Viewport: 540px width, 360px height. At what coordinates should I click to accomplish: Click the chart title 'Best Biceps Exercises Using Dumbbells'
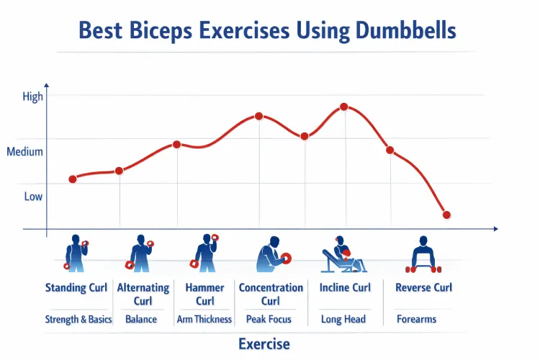(x=266, y=31)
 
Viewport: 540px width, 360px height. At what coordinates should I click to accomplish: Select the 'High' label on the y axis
(x=33, y=96)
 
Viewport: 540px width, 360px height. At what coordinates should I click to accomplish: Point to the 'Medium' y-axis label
(x=25, y=152)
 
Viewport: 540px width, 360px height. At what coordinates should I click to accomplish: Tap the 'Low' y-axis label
(x=33, y=197)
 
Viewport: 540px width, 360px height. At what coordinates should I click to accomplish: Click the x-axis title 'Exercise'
(x=264, y=343)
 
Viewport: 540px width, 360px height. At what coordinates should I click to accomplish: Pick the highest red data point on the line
(x=344, y=107)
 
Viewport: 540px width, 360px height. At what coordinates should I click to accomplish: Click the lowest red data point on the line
(x=446, y=215)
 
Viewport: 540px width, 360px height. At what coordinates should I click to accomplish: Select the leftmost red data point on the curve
(x=73, y=179)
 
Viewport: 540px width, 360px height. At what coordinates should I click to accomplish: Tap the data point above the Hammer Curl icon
(x=176, y=144)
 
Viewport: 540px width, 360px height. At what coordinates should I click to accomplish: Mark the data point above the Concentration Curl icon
(x=258, y=116)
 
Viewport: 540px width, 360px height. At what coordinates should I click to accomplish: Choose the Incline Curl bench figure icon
(x=340, y=254)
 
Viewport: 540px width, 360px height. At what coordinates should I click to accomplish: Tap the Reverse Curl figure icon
(x=423, y=254)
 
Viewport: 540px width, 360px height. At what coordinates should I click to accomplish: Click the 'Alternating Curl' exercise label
(x=143, y=294)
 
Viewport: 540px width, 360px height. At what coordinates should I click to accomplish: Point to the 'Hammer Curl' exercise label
(x=204, y=294)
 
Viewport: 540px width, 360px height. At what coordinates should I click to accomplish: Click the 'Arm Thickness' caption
(x=204, y=319)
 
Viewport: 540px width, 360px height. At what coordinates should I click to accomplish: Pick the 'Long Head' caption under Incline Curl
(x=343, y=319)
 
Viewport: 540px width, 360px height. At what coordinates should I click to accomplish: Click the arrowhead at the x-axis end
(x=495, y=229)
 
